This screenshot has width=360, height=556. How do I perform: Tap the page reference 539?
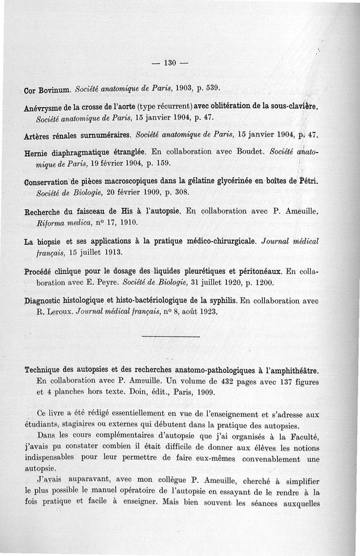click(212, 86)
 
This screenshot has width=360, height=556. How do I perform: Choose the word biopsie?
click(49, 242)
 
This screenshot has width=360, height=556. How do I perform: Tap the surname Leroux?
click(58, 312)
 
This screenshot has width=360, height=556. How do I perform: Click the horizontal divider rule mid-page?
click(171, 336)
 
